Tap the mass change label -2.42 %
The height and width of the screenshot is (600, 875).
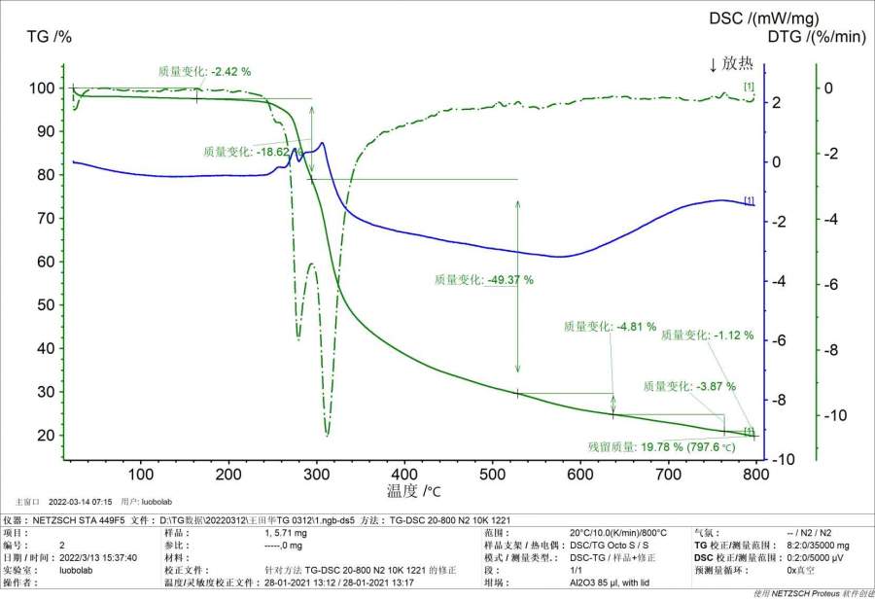click(204, 71)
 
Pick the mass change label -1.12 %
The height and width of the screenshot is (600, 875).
click(707, 335)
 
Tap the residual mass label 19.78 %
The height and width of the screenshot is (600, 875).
click(647, 447)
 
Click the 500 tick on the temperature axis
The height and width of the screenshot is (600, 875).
click(492, 474)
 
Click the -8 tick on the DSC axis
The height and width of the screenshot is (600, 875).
click(778, 400)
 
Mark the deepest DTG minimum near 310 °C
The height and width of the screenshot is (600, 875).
click(327, 435)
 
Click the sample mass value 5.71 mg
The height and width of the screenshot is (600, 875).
click(287, 533)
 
